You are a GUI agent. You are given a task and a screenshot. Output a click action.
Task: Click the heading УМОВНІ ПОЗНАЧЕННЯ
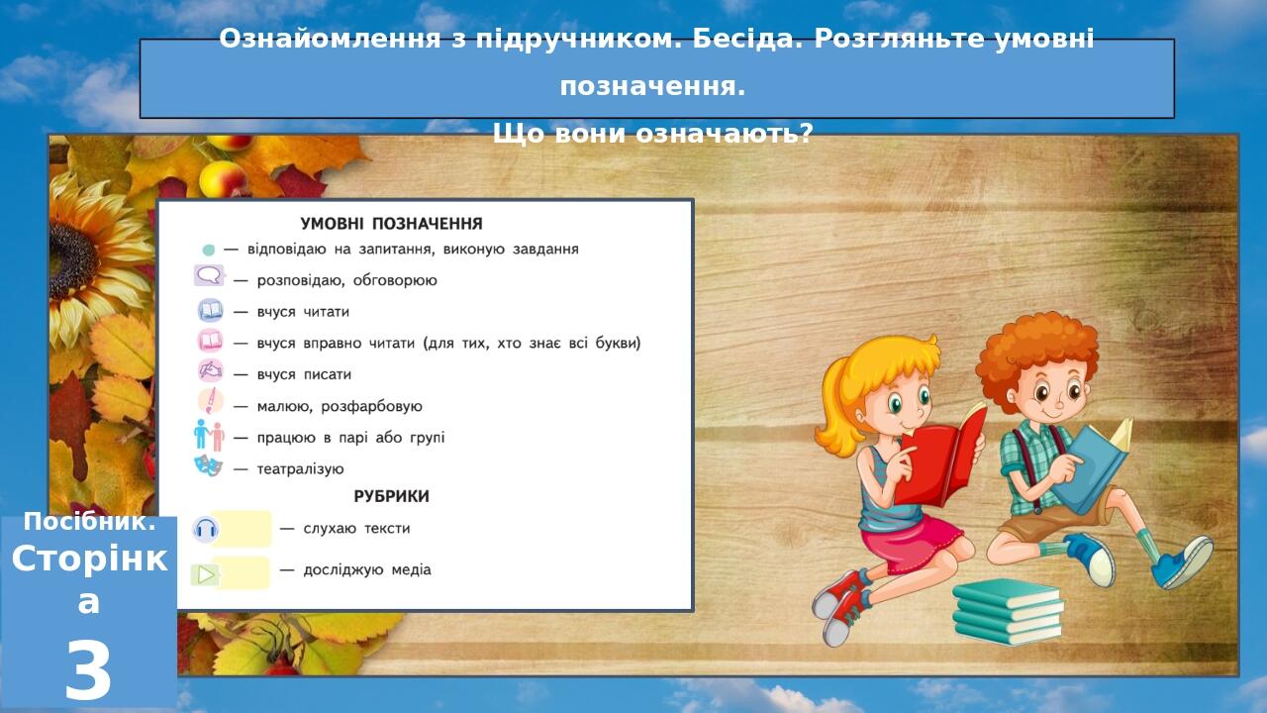coord(391,224)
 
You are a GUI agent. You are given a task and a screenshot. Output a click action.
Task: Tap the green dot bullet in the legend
coord(209,250)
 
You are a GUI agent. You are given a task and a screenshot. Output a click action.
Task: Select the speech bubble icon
coord(209,276)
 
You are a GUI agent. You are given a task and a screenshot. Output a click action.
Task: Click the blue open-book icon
coord(211,311)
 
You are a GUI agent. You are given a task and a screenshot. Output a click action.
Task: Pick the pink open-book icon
coord(211,342)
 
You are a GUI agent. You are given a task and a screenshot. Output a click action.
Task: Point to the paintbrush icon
coord(211,402)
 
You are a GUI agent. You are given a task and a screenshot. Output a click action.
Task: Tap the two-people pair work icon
coord(209,435)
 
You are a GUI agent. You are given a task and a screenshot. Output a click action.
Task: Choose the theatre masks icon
coord(208,466)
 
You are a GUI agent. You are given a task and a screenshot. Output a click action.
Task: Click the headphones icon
coord(205,530)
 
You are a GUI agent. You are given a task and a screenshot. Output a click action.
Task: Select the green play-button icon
coord(205,575)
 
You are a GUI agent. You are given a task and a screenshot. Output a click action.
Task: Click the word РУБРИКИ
coord(391,497)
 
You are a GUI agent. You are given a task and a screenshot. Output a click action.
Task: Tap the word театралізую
coord(300,469)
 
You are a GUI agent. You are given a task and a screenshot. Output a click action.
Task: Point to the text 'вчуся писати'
coord(304,374)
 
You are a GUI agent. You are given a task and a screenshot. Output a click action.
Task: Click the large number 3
coord(88,672)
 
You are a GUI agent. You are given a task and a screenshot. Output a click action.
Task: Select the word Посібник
coord(89,522)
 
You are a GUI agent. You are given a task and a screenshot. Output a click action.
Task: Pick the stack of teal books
coord(1008,612)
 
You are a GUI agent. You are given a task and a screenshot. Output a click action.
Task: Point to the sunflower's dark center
coord(72,261)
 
